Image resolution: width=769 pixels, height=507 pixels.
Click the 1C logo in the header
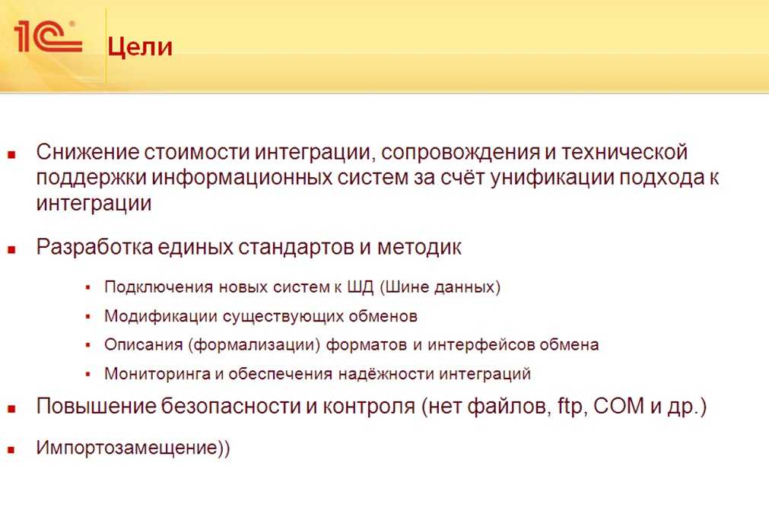tap(48, 36)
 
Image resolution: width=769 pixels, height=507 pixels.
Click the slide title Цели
tap(140, 48)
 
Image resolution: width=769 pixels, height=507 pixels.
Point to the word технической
tap(624, 152)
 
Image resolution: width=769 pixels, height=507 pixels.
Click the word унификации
tap(552, 179)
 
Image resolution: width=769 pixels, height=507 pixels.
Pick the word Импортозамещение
tap(126, 448)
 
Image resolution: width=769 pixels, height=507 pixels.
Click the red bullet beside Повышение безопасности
tap(11, 408)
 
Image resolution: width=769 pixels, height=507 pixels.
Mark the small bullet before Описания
tap(88, 345)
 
